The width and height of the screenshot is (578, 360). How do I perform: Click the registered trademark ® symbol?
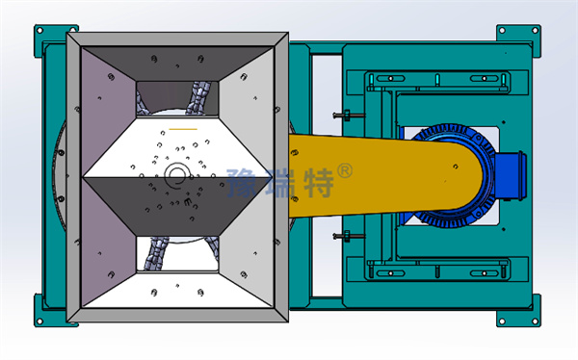point(345,171)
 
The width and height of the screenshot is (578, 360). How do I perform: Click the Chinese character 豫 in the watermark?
point(244,183)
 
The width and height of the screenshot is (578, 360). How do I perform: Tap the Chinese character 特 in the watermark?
point(319,183)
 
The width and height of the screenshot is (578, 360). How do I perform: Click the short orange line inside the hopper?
point(183,129)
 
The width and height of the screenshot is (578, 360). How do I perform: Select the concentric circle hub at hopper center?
point(177,174)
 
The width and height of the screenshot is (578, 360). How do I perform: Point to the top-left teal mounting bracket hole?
point(39,30)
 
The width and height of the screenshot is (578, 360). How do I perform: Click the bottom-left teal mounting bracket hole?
point(39,321)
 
